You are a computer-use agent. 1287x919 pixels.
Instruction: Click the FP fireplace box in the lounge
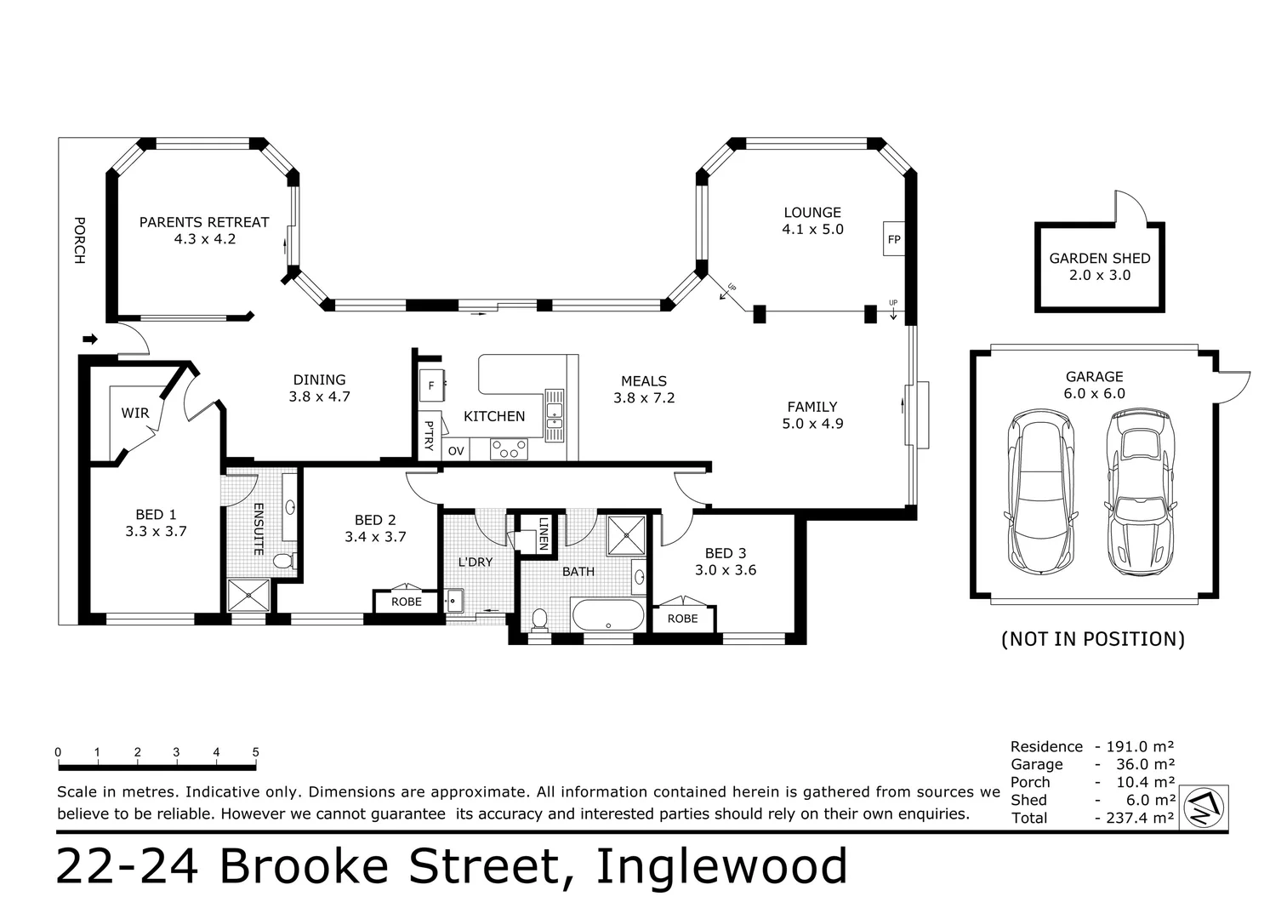(894, 238)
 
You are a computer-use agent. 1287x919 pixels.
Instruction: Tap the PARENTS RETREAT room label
(204, 222)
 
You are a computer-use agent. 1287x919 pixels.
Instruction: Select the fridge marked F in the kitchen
(431, 385)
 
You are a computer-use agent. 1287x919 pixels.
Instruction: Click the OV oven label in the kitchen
(456, 451)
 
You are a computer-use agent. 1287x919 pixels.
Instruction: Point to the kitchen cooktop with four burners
(509, 449)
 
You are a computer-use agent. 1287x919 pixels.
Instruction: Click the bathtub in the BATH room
(608, 614)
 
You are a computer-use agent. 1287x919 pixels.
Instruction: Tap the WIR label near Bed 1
(135, 413)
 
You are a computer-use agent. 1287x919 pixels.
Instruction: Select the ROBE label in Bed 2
(407, 602)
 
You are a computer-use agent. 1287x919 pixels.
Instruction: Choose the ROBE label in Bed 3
(682, 619)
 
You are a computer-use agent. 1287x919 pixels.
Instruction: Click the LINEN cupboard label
(544, 534)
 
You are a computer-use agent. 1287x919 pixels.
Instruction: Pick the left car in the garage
(1040, 491)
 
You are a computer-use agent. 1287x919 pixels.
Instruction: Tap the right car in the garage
(1140, 491)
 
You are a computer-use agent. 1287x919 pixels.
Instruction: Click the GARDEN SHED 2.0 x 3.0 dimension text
(1100, 275)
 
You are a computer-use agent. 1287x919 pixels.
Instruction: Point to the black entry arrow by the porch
(90, 339)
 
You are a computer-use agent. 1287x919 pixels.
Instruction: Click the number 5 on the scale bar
(256, 751)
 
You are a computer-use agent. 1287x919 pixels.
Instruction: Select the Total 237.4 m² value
(1140, 817)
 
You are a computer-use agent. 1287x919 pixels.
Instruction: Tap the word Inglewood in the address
(721, 866)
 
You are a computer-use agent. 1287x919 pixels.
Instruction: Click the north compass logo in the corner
(1204, 808)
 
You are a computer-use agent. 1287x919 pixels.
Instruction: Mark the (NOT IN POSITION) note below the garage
(1093, 639)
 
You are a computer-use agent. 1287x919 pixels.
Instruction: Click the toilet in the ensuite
(284, 560)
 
